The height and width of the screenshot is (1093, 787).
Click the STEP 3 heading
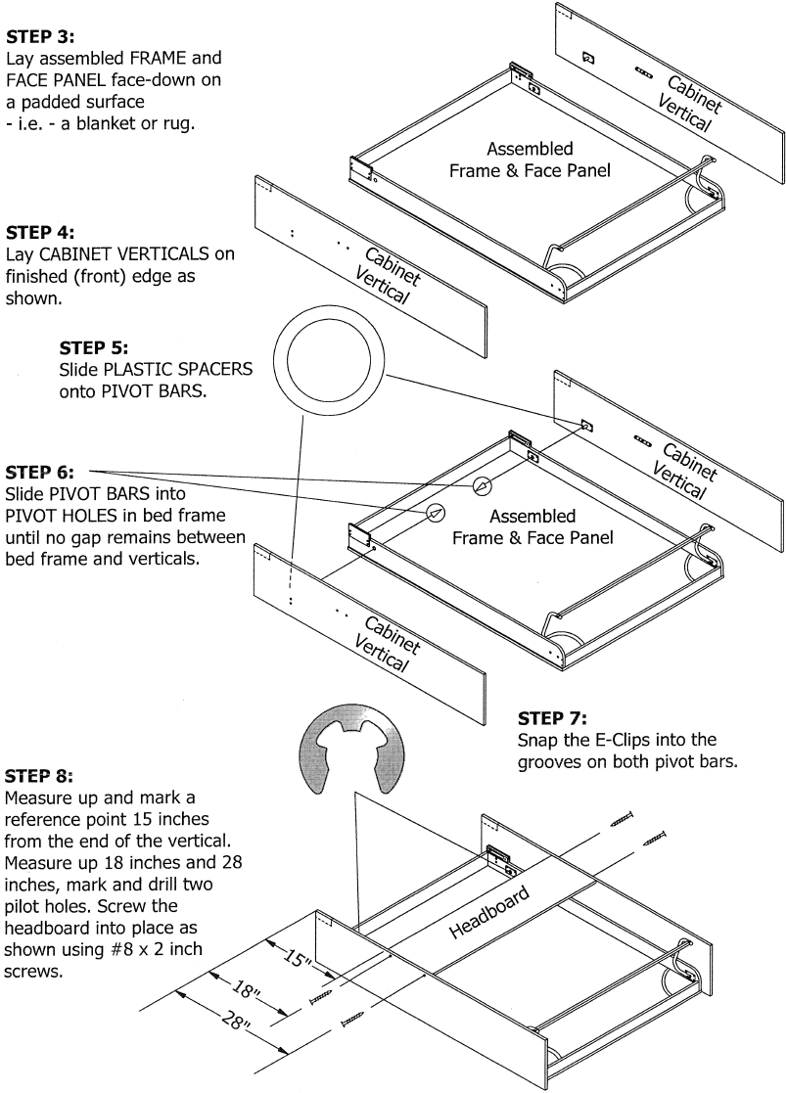point(33,39)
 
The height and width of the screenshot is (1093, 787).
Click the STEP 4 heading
point(33,233)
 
